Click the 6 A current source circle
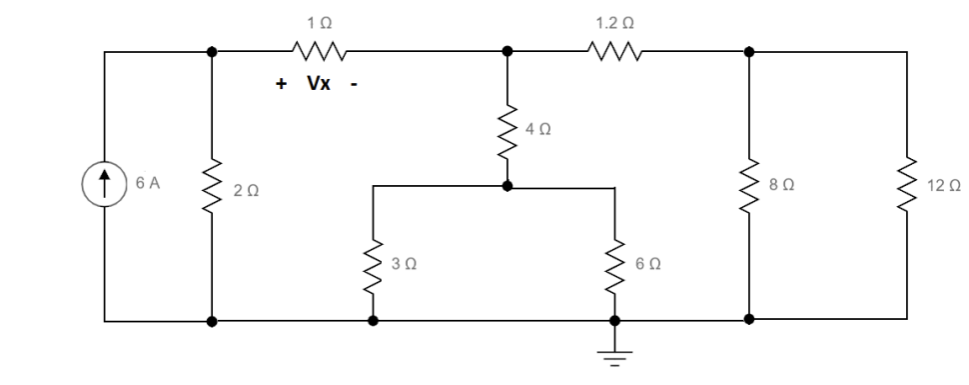point(105,186)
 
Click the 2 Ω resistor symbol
point(212,186)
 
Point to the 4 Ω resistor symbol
point(507,130)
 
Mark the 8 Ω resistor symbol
point(748,186)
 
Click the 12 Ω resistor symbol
point(907,186)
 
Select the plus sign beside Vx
point(282,84)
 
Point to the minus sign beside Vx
point(353,84)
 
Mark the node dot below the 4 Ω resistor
point(507,185)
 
